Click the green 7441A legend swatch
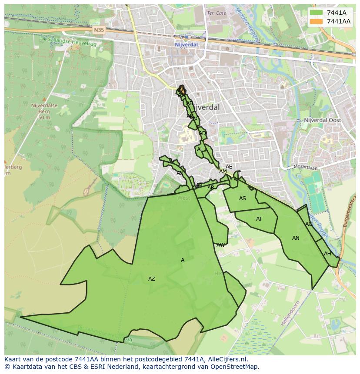pyautogui.click(x=316, y=13)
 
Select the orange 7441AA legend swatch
pyautogui.click(x=316, y=21)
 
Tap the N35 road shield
pyautogui.click(x=99, y=30)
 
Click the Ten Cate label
pyautogui.click(x=217, y=13)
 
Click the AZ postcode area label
pyautogui.click(x=151, y=279)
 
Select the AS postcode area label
pyautogui.click(x=243, y=199)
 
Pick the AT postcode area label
pyautogui.click(x=259, y=219)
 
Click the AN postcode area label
pyautogui.click(x=296, y=238)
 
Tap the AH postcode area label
pyautogui.click(x=327, y=254)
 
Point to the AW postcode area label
pyautogui.click(x=221, y=245)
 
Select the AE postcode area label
pyautogui.click(x=229, y=167)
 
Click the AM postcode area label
pyautogui.click(x=223, y=172)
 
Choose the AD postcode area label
pyautogui.click(x=202, y=133)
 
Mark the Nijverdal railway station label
pyautogui.click(x=186, y=44)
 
